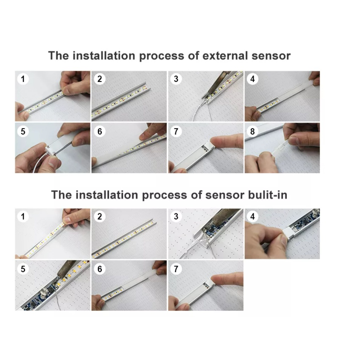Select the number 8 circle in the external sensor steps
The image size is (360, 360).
[x=252, y=131]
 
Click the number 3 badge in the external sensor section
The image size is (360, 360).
[x=176, y=79]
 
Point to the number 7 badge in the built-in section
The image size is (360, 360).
[x=176, y=269]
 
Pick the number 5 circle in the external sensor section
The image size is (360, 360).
[x=23, y=131]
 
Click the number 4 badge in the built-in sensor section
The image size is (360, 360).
[x=252, y=216]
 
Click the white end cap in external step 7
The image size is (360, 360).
[x=209, y=146]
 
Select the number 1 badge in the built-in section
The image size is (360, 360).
[x=23, y=216]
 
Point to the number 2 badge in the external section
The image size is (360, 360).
[x=99, y=79]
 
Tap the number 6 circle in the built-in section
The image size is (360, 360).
[x=99, y=269]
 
